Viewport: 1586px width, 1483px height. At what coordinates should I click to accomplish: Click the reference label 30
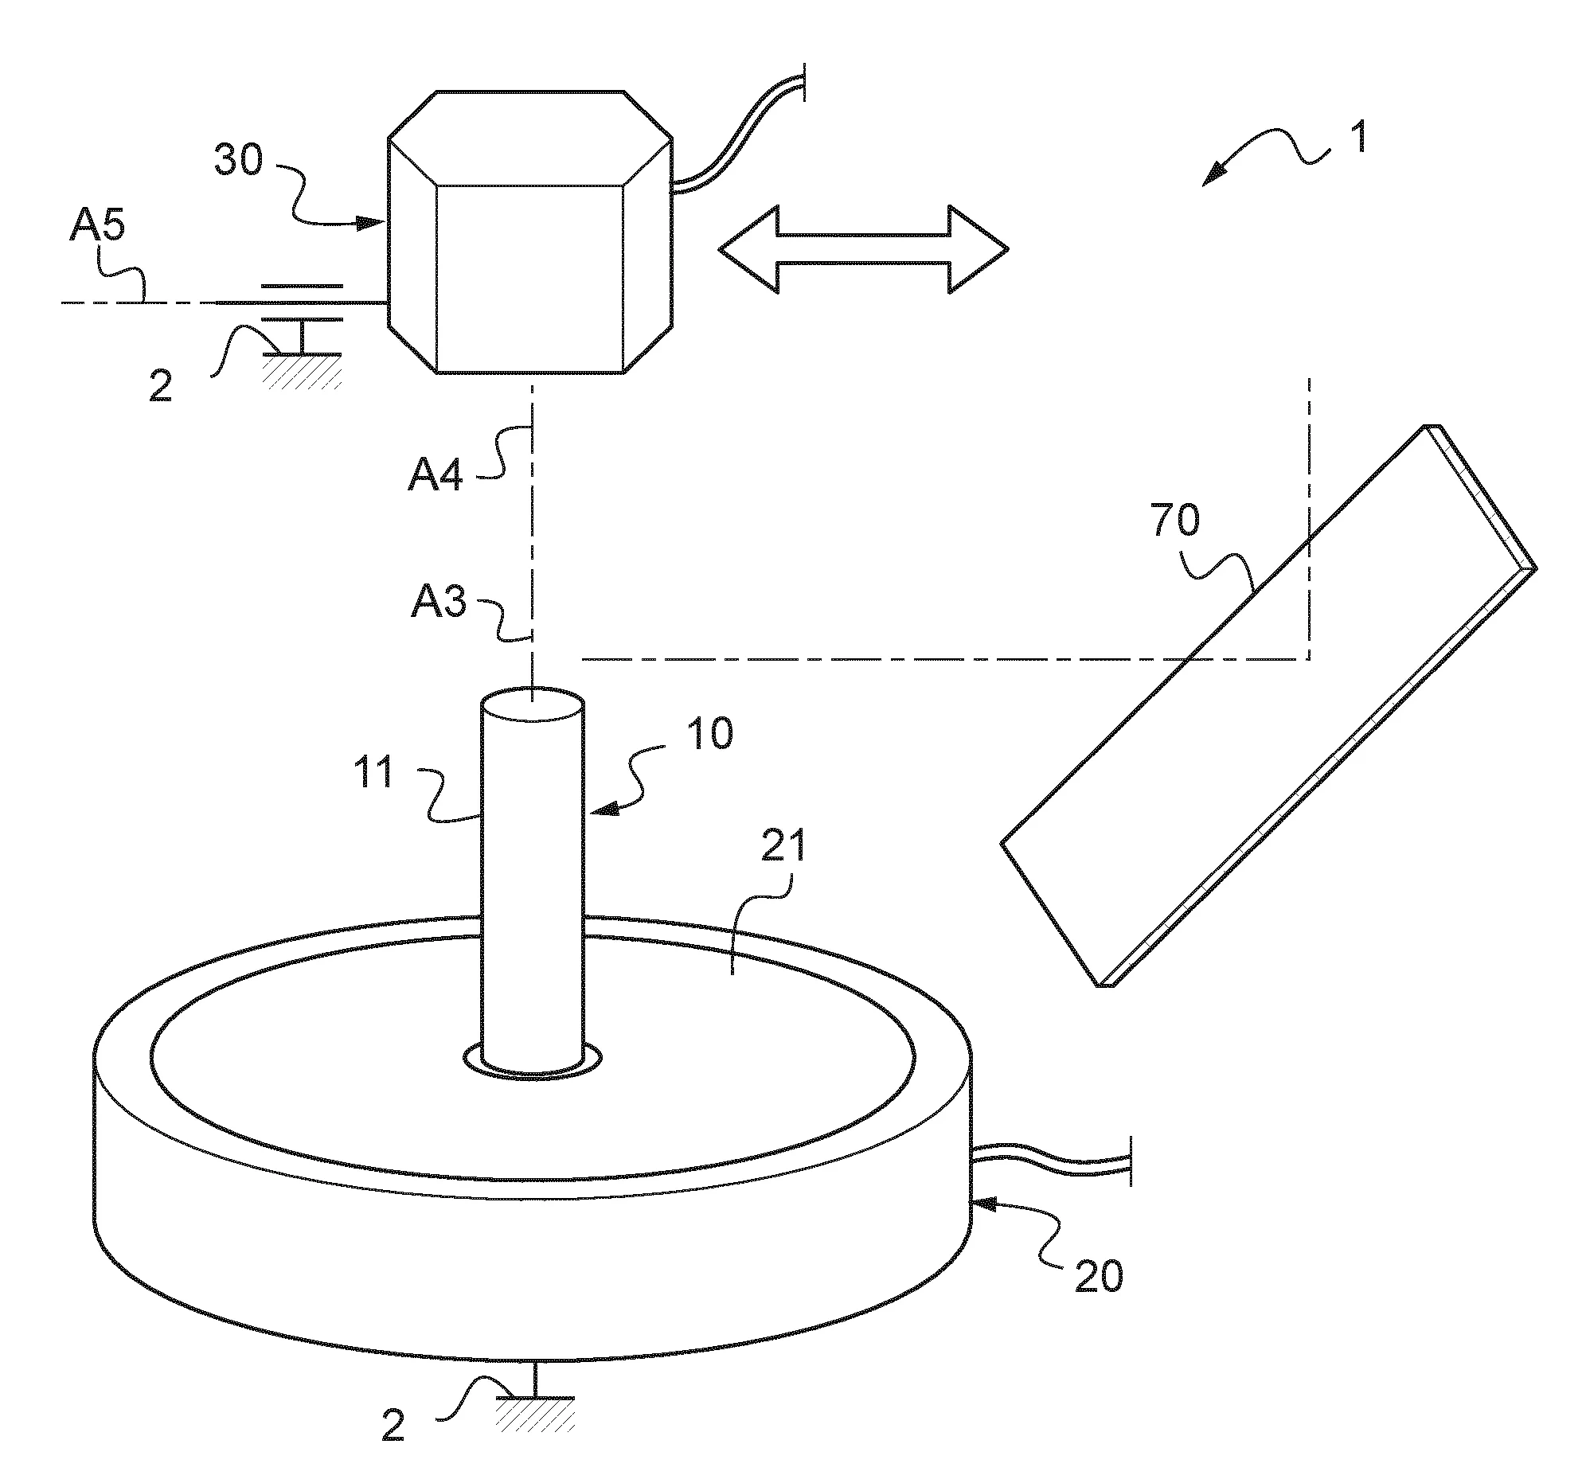tap(239, 160)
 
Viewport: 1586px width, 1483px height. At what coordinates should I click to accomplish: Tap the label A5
tap(97, 226)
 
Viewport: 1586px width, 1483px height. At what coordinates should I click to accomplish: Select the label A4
tap(436, 476)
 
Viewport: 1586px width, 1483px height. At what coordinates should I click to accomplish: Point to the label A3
tap(439, 603)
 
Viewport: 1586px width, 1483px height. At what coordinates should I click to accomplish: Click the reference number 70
tap(1175, 521)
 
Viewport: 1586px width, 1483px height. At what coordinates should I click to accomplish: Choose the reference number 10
tap(709, 733)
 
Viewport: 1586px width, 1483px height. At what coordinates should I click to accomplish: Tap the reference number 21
tap(783, 846)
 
